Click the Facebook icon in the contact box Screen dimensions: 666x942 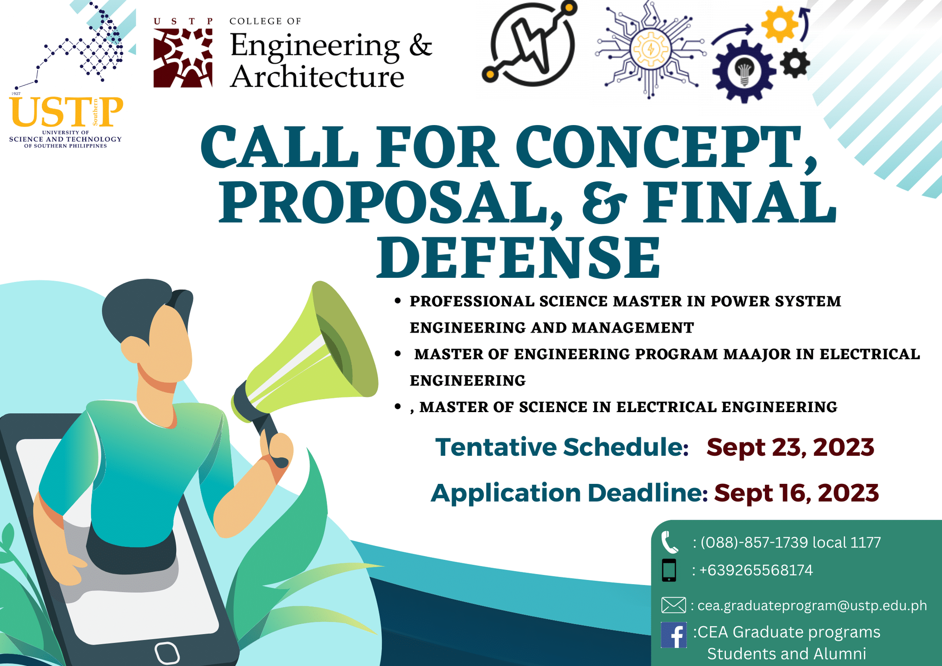673,635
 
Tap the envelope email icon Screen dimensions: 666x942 673,605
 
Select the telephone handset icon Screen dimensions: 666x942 669,542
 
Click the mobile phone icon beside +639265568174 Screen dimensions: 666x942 669,570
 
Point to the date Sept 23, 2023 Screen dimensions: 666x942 790,447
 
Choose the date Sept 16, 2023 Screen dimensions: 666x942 796,493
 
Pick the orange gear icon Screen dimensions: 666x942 779,24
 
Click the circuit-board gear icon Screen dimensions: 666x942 650,49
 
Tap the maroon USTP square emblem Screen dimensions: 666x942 183,58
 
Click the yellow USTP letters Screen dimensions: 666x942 66,112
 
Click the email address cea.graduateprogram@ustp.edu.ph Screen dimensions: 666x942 812,605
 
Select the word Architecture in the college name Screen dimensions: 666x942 317,76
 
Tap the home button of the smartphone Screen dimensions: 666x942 167,653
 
